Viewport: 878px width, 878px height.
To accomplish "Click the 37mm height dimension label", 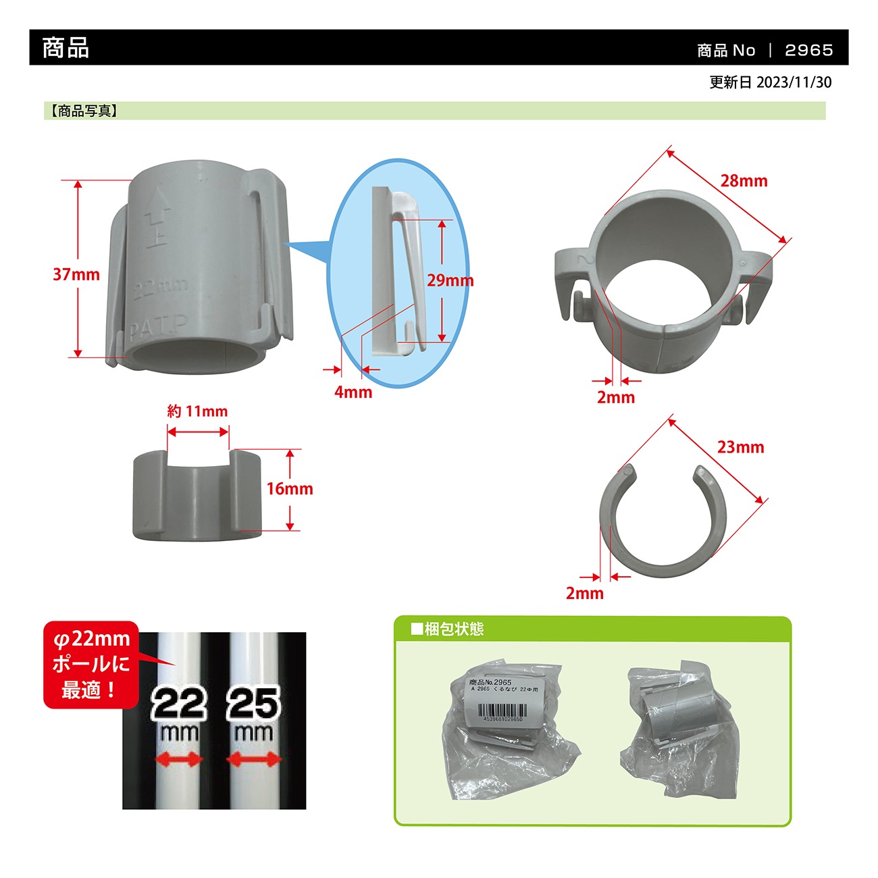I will coord(76,275).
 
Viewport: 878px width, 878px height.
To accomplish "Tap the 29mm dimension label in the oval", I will coord(450,280).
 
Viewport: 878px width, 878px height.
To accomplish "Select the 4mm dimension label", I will coord(353,392).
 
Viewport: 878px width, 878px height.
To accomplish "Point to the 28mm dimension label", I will coord(744,181).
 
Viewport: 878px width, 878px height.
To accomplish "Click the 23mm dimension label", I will coord(740,447).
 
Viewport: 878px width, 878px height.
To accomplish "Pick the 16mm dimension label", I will coord(290,489).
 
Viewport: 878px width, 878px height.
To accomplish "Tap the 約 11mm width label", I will coord(197,411).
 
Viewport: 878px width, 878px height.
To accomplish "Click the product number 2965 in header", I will coord(808,50).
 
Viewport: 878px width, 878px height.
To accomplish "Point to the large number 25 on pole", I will coord(254,704).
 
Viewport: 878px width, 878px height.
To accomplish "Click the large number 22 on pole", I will coord(178,704).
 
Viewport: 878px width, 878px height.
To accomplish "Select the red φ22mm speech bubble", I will coord(91,665).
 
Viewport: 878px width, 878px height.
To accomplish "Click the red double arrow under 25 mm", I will coord(254,760).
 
